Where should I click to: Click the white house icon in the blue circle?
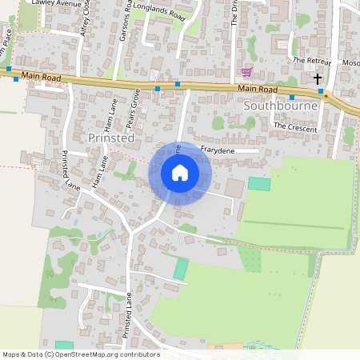point(180,173)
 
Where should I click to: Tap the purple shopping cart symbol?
point(247,72)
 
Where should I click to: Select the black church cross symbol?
point(318,78)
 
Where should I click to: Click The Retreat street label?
point(310,60)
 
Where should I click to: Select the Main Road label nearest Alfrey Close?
point(42,75)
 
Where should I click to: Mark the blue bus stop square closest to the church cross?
point(320,91)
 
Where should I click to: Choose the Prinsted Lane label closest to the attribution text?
point(127,316)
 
